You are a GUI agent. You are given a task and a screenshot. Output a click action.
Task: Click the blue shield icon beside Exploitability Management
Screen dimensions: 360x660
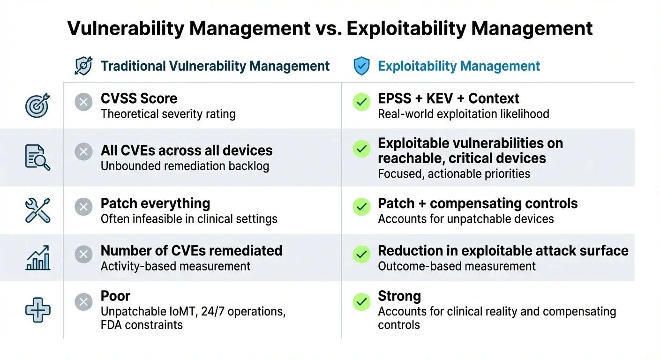(x=361, y=67)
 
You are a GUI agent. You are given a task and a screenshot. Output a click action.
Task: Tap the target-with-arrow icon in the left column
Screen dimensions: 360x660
(x=37, y=105)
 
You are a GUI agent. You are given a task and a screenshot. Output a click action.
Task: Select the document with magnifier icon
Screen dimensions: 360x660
(x=37, y=157)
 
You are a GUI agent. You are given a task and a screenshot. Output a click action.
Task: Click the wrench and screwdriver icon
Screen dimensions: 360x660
(x=37, y=210)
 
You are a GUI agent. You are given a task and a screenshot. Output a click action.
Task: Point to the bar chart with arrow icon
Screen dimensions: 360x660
(x=37, y=258)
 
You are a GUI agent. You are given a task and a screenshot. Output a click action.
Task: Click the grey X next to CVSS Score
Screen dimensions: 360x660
(x=83, y=102)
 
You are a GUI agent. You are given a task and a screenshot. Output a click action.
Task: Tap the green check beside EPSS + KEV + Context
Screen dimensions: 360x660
(x=361, y=102)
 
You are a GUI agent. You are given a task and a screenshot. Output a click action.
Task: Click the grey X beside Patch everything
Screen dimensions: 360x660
(x=83, y=207)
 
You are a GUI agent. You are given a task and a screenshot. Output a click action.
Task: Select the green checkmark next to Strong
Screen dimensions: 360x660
(x=361, y=302)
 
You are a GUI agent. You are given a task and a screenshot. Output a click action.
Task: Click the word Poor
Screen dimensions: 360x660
(x=115, y=296)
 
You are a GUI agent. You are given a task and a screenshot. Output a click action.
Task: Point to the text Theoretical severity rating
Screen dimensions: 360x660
(x=168, y=114)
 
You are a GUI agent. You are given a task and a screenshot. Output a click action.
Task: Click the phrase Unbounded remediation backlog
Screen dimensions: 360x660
(x=185, y=166)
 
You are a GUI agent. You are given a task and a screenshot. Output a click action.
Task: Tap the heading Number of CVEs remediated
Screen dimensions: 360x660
(x=191, y=251)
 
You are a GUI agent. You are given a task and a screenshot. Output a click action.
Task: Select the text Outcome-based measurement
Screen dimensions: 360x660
(x=457, y=266)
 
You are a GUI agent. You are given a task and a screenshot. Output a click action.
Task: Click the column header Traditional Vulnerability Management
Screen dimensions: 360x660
(x=215, y=67)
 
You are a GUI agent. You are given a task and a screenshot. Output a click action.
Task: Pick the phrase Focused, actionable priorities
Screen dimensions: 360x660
(x=454, y=174)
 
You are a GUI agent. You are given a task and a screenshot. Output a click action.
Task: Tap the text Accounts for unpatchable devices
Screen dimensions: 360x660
(x=465, y=219)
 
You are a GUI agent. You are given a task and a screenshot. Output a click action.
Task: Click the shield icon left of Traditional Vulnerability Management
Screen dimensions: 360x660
(x=83, y=67)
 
